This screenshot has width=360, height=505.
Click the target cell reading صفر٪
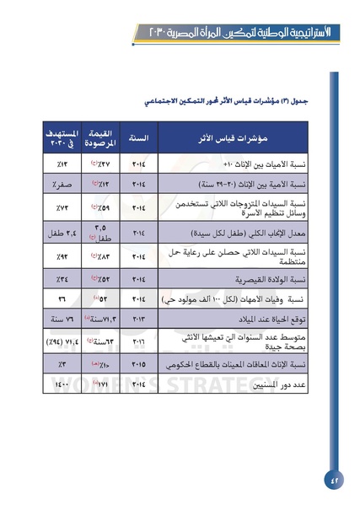click(x=61, y=182)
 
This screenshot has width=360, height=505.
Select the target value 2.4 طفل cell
click(x=61, y=230)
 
